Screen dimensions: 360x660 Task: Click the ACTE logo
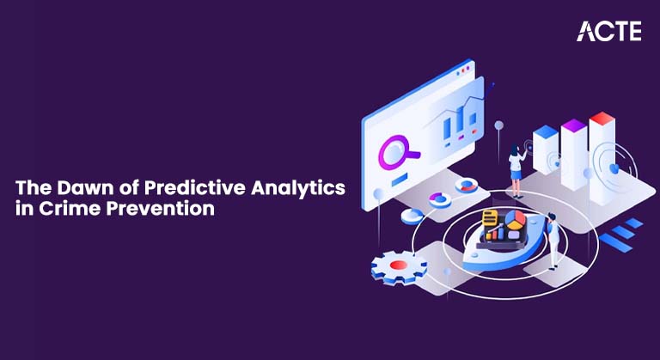[608, 31]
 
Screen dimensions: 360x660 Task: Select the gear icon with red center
[399, 266]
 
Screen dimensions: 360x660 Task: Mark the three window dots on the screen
[465, 67]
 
